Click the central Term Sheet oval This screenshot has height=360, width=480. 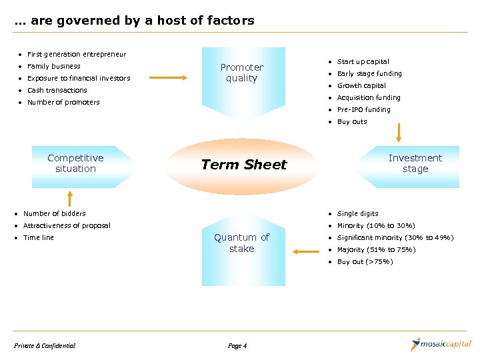click(x=243, y=165)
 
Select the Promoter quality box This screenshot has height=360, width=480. click(x=242, y=73)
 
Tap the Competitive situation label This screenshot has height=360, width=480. click(x=75, y=163)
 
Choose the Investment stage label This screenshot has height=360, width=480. click(x=415, y=163)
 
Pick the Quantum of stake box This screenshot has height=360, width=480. click(x=241, y=243)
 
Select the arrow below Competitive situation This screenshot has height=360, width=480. click(x=69, y=198)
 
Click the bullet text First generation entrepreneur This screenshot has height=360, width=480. click(x=76, y=54)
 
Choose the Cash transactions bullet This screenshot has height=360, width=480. click(x=57, y=90)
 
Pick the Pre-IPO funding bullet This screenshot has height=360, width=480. click(x=363, y=109)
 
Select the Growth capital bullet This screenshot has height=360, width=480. click(x=361, y=85)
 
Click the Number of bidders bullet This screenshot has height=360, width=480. click(x=54, y=213)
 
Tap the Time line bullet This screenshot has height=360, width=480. click(x=38, y=237)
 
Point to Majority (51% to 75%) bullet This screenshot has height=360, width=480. click(x=376, y=249)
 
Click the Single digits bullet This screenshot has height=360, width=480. click(x=357, y=213)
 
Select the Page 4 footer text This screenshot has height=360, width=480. click(x=237, y=345)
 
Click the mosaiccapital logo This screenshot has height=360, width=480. click(x=441, y=345)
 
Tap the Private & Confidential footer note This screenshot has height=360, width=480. click(x=45, y=345)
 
